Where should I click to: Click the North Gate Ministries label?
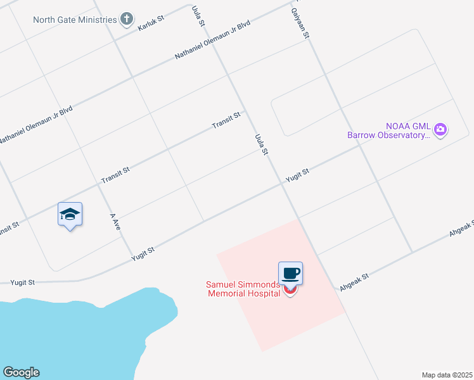pyautogui.click(x=75, y=20)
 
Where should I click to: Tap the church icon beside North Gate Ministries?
pyautogui.click(x=127, y=19)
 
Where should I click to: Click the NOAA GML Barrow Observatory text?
pyautogui.click(x=388, y=130)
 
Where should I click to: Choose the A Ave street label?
pyautogui.click(x=115, y=221)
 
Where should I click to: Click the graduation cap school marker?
pyautogui.click(x=70, y=214)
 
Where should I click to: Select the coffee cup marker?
pyautogui.click(x=290, y=274)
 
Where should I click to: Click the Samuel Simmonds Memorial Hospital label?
pyautogui.click(x=243, y=289)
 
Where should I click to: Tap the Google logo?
pyautogui.click(x=21, y=372)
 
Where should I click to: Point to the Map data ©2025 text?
pyautogui.click(x=446, y=375)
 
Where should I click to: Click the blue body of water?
pyautogui.click(x=76, y=336)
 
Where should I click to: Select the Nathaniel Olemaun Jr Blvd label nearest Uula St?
pyautogui.click(x=213, y=41)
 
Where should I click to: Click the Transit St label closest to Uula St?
pyautogui.click(x=226, y=120)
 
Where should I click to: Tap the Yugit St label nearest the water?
pyautogui.click(x=22, y=282)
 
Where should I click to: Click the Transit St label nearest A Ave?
pyautogui.click(x=115, y=176)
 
